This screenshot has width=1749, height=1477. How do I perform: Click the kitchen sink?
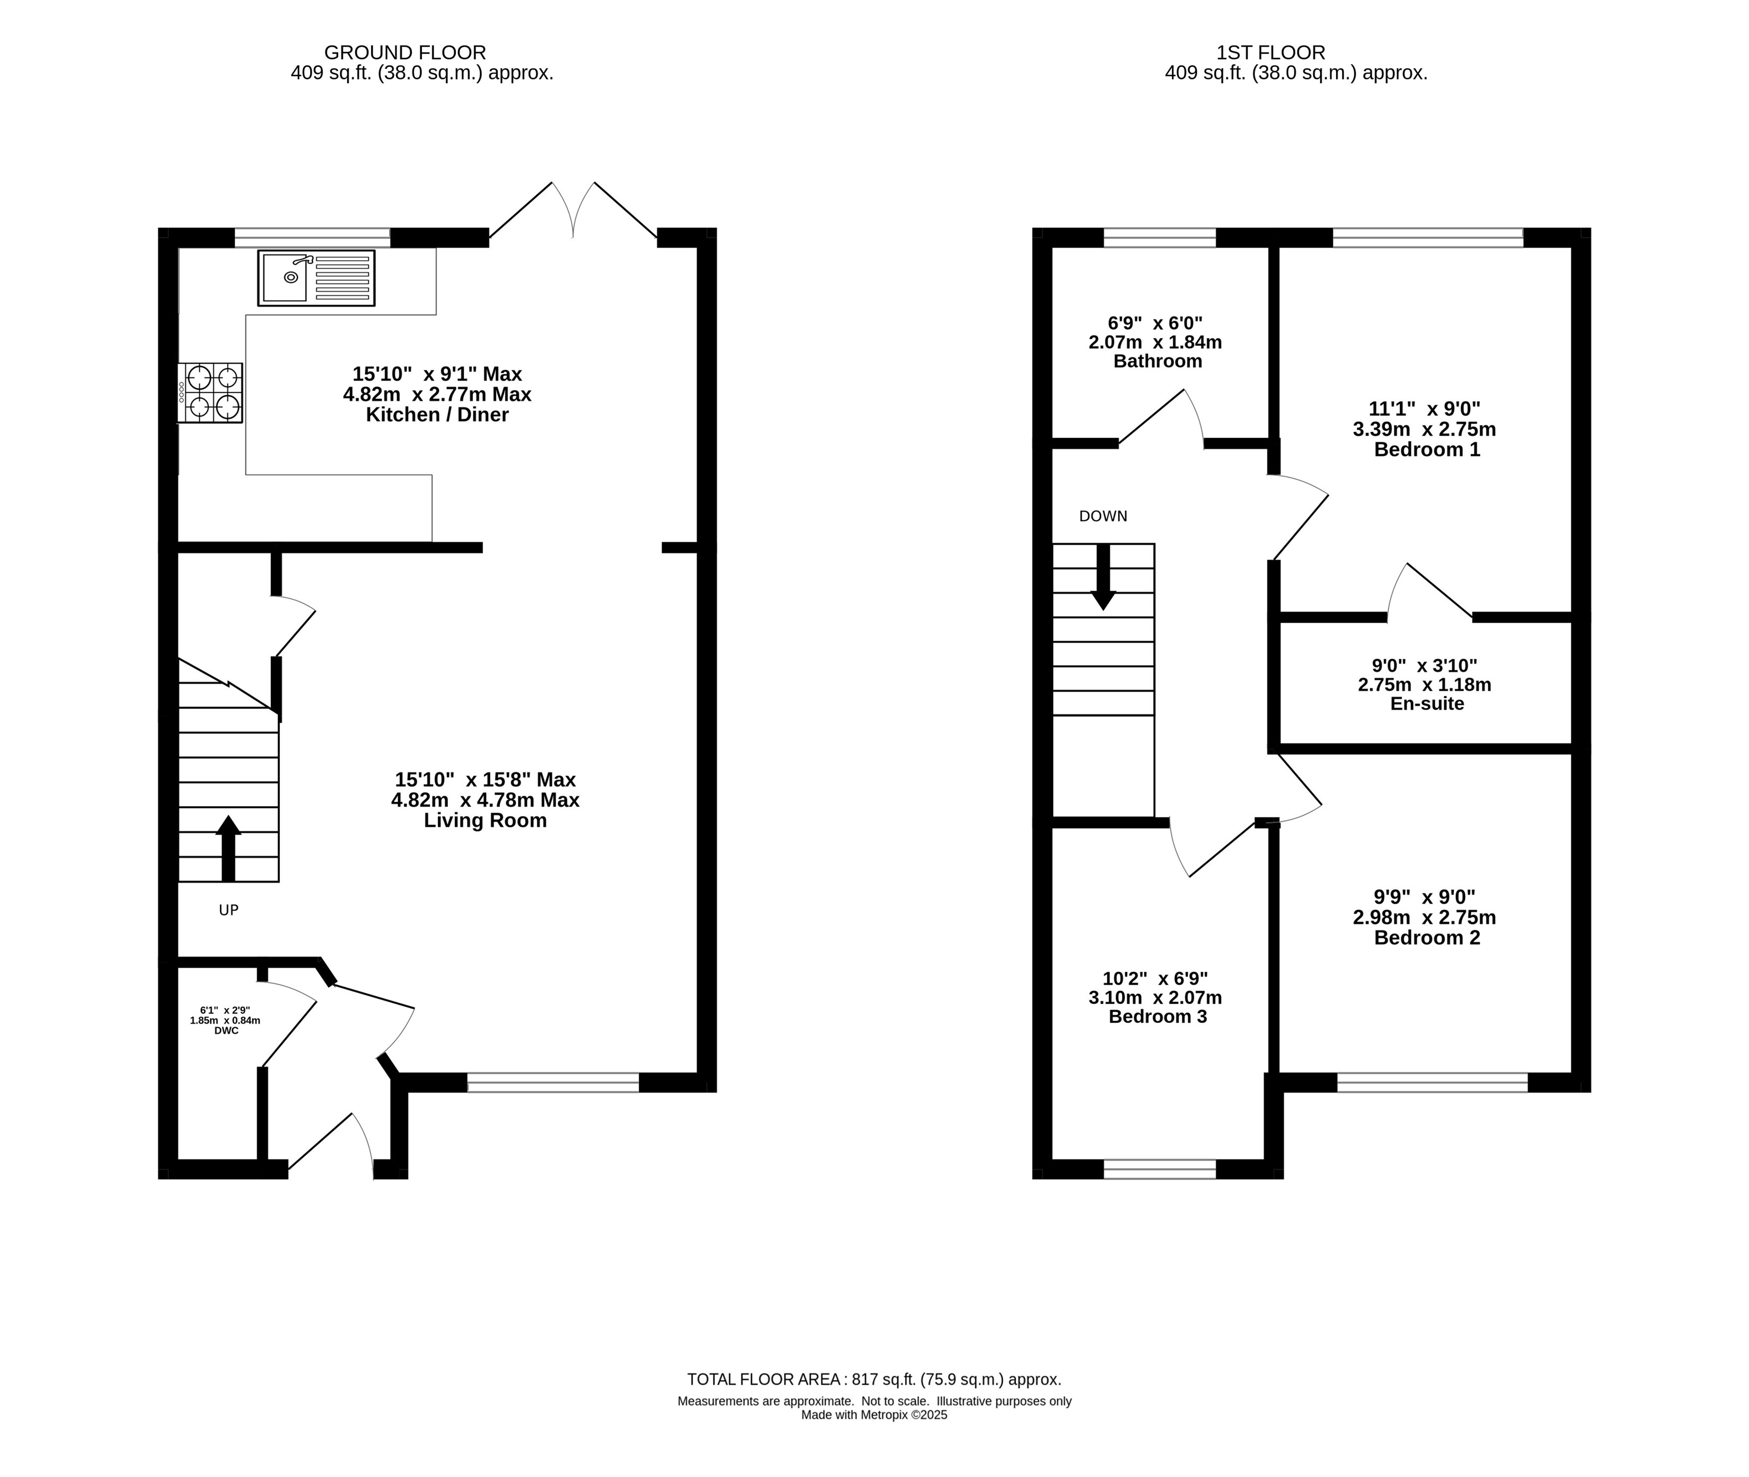(x=316, y=278)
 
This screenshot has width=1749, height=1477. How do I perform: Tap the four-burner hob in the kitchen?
(x=210, y=393)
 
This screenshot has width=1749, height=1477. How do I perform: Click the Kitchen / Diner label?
(x=437, y=415)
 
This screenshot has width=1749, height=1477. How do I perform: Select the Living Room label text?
(x=485, y=820)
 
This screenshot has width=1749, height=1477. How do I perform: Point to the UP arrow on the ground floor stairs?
(x=228, y=848)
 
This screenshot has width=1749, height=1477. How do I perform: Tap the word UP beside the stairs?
(x=228, y=910)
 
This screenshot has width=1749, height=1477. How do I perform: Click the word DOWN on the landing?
(x=1103, y=517)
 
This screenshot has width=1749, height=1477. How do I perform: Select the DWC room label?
(x=226, y=1031)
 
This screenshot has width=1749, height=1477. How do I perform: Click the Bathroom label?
(x=1158, y=362)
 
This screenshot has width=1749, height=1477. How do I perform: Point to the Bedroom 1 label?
(x=1427, y=449)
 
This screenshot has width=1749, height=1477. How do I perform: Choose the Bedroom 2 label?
(x=1427, y=938)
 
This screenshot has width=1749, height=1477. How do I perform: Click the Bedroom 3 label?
(x=1158, y=1016)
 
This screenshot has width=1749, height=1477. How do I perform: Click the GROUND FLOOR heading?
(x=405, y=53)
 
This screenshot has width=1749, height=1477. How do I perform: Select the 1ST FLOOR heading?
(x=1271, y=53)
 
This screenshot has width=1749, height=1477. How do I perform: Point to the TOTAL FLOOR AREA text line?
(x=874, y=1379)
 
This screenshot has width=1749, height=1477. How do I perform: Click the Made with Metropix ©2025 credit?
(x=874, y=1415)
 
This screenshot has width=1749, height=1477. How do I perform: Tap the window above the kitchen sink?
(x=312, y=238)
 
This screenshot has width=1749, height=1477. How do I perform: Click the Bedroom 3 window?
(x=1160, y=1169)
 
